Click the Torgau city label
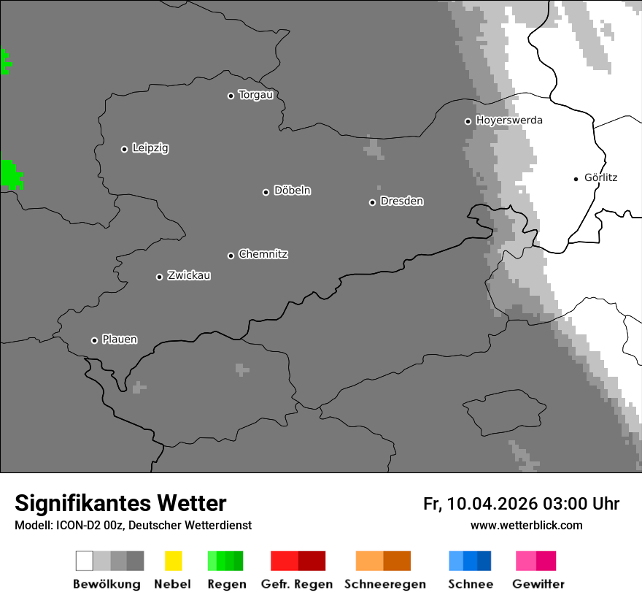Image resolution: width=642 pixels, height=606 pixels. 255,95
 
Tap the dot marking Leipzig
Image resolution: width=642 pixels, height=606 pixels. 124,149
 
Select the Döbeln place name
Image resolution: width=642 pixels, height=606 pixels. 292,191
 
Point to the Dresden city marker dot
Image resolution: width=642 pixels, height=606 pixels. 372,202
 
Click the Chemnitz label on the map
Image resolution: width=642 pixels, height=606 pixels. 263,254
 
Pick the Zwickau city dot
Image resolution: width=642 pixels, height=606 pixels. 159,277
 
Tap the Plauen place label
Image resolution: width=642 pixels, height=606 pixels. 120,340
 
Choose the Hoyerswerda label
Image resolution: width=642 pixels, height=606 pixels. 509,120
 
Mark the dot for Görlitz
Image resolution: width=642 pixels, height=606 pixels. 576,179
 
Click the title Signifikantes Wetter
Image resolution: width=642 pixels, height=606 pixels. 120,503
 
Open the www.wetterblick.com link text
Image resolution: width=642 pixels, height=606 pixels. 526,526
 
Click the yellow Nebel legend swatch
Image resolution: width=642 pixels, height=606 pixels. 173,561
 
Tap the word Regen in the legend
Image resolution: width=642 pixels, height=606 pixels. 227,584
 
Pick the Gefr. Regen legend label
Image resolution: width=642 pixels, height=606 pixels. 297,584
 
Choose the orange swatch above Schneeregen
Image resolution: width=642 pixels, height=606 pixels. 369,561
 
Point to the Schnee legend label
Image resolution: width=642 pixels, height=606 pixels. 471,584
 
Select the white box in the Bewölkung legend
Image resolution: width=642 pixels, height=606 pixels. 85,561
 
